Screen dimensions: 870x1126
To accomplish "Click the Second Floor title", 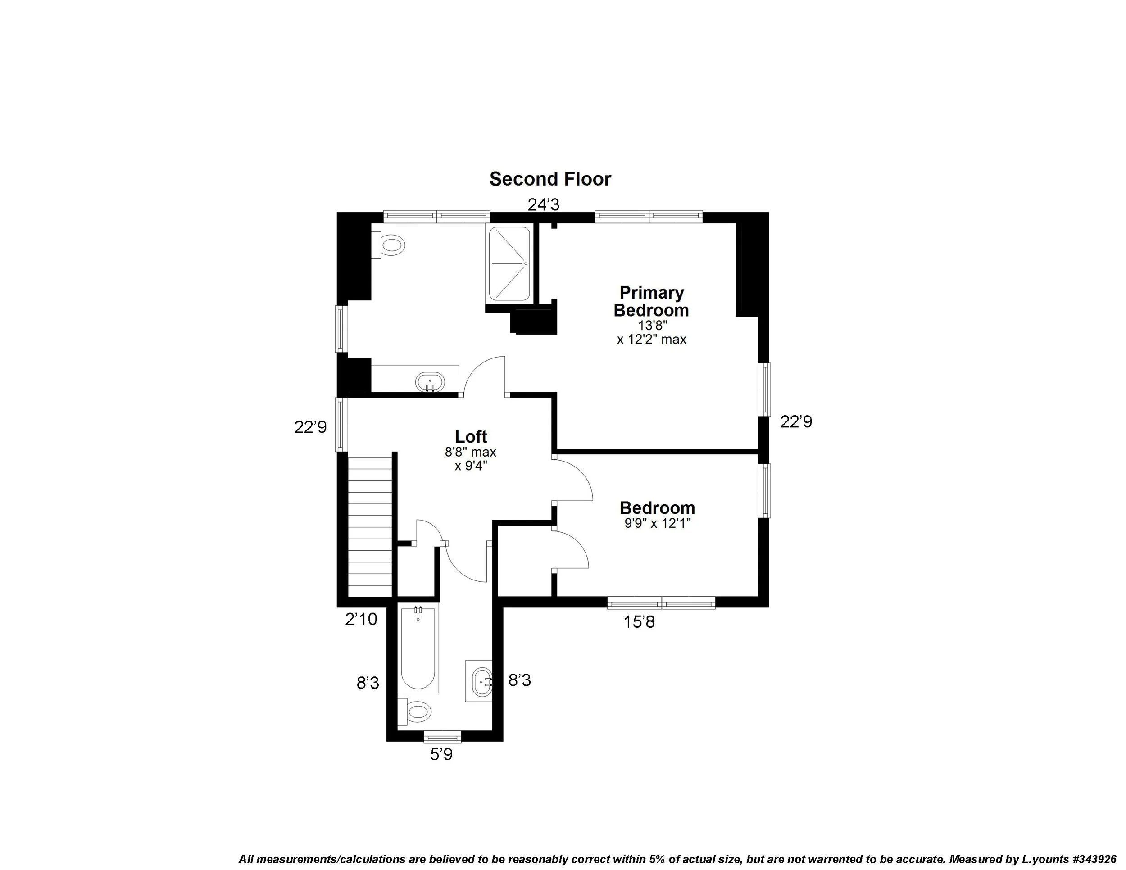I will click(550, 179).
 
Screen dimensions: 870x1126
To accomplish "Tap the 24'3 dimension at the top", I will click(544, 205).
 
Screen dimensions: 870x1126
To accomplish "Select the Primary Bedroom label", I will click(651, 302).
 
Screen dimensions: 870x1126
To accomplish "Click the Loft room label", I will click(471, 436).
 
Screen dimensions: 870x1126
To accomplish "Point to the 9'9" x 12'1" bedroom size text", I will click(657, 524).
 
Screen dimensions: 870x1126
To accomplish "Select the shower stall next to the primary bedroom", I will click(509, 263).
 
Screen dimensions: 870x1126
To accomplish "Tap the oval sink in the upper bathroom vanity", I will click(430, 382).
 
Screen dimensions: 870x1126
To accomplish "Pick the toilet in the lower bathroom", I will click(416, 712).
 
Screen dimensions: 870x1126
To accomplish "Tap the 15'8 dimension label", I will click(639, 622).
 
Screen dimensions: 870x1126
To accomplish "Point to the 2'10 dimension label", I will click(361, 619).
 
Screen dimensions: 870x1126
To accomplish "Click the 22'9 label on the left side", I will click(310, 427).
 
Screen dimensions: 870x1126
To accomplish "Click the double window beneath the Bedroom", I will click(662, 603).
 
